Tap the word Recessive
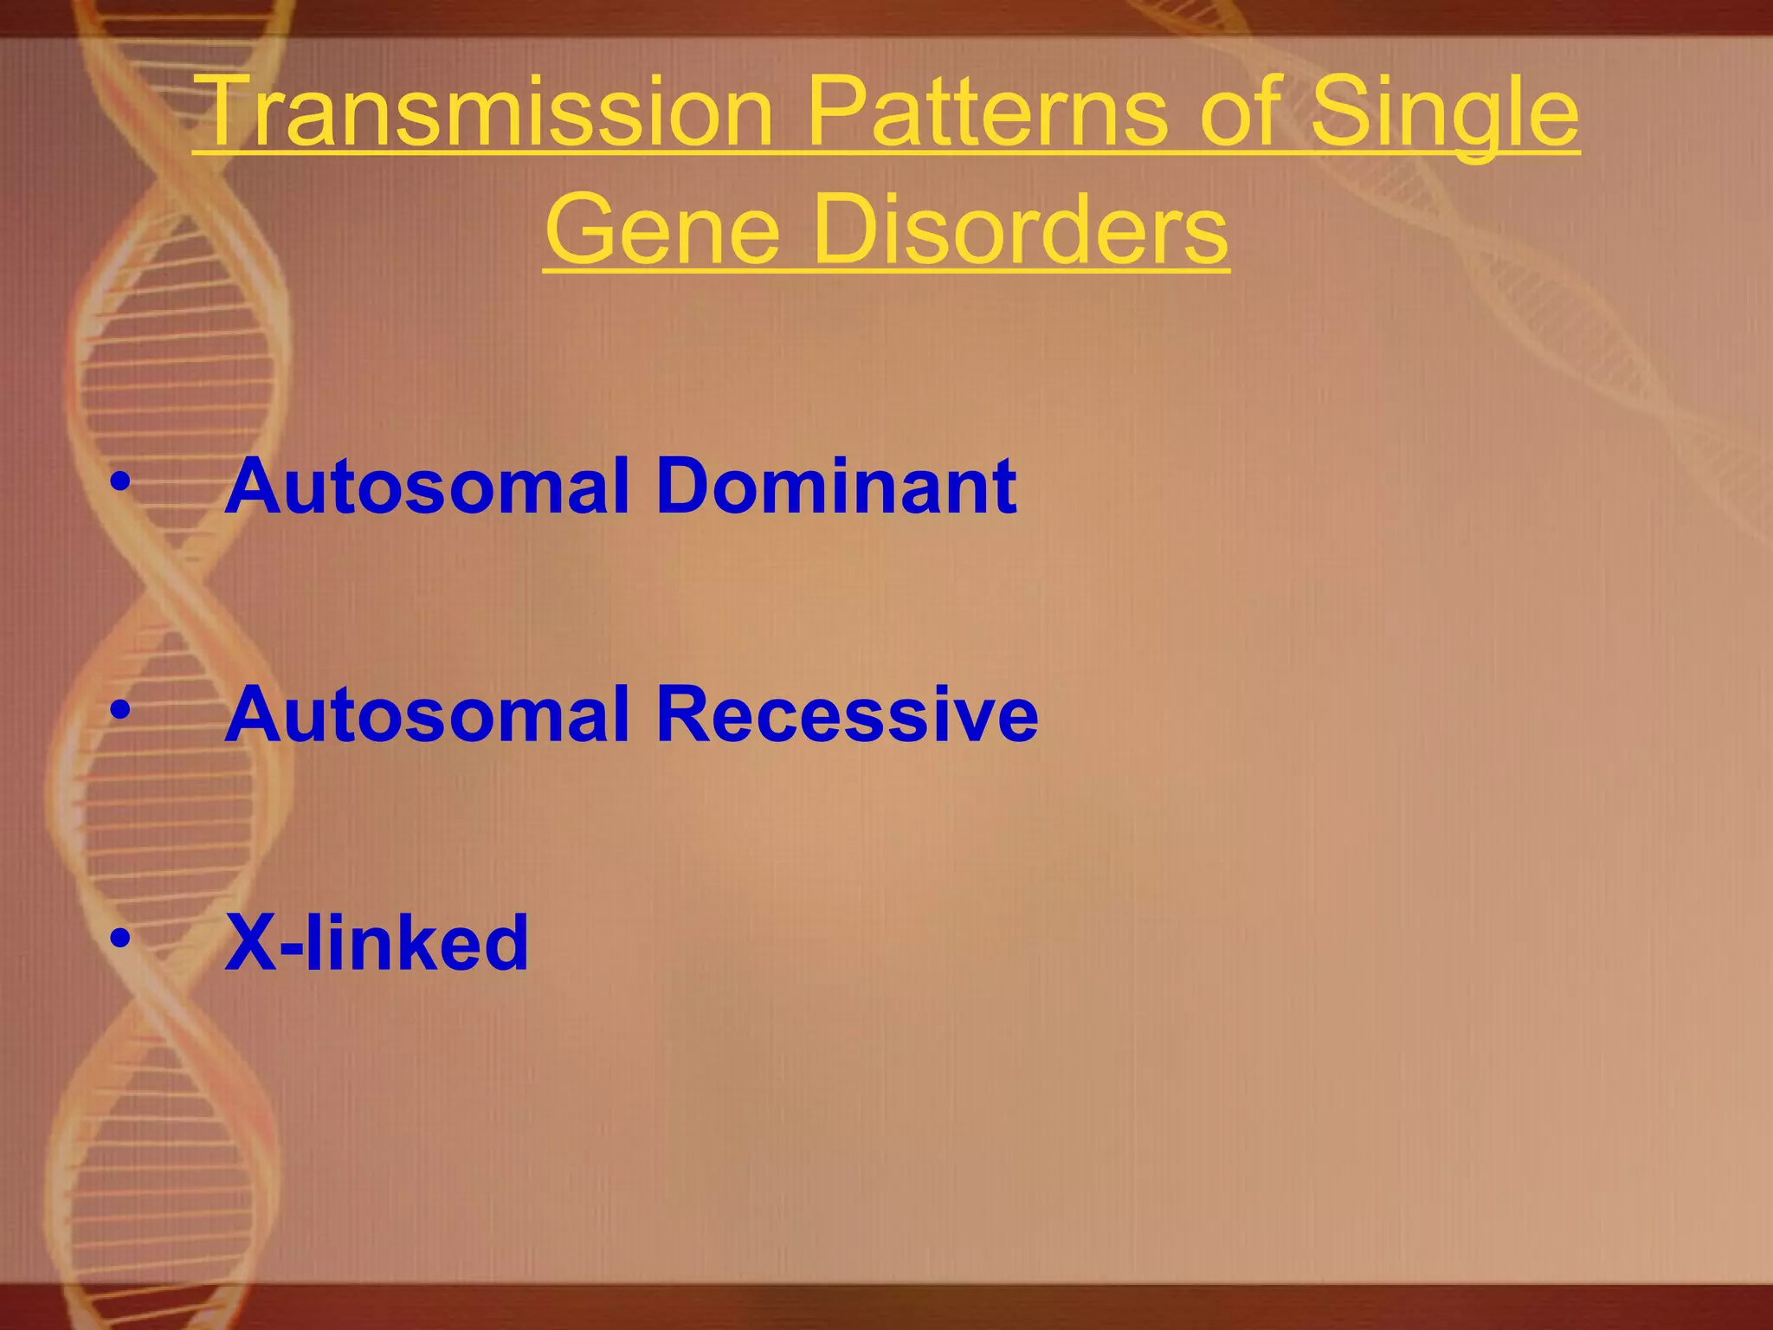[847, 714]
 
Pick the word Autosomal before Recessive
[427, 714]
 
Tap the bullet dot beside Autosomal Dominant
[120, 481]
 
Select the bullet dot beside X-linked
[120, 938]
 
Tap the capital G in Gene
[585, 229]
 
